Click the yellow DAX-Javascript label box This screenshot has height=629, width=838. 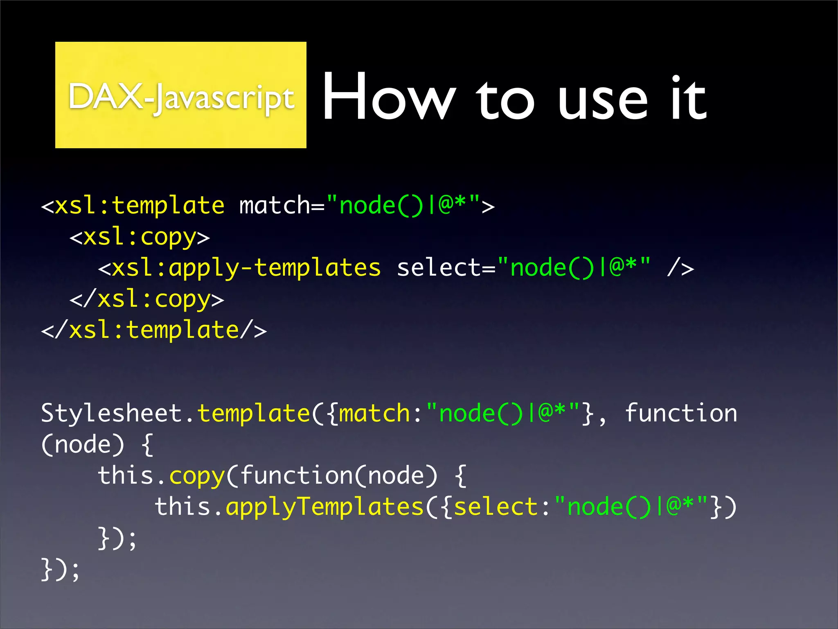click(180, 95)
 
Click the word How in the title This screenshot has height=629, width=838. click(389, 97)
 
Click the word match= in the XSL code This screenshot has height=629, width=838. click(282, 205)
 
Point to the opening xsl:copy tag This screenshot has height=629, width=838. click(140, 237)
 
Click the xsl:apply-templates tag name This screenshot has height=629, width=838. click(246, 268)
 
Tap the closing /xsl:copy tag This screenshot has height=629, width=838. click(147, 299)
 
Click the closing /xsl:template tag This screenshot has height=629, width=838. click(154, 330)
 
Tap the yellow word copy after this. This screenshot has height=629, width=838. click(197, 476)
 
